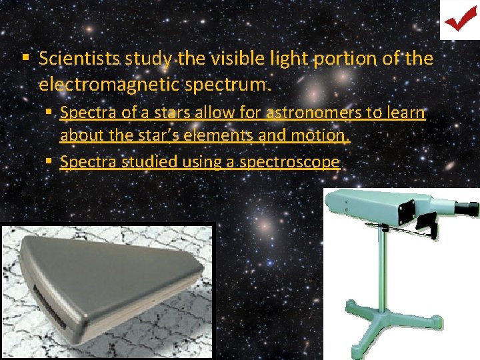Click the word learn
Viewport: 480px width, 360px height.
[405, 113]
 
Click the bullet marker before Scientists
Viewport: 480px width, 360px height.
[25, 59]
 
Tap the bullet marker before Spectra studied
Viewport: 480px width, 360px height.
[51, 161]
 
